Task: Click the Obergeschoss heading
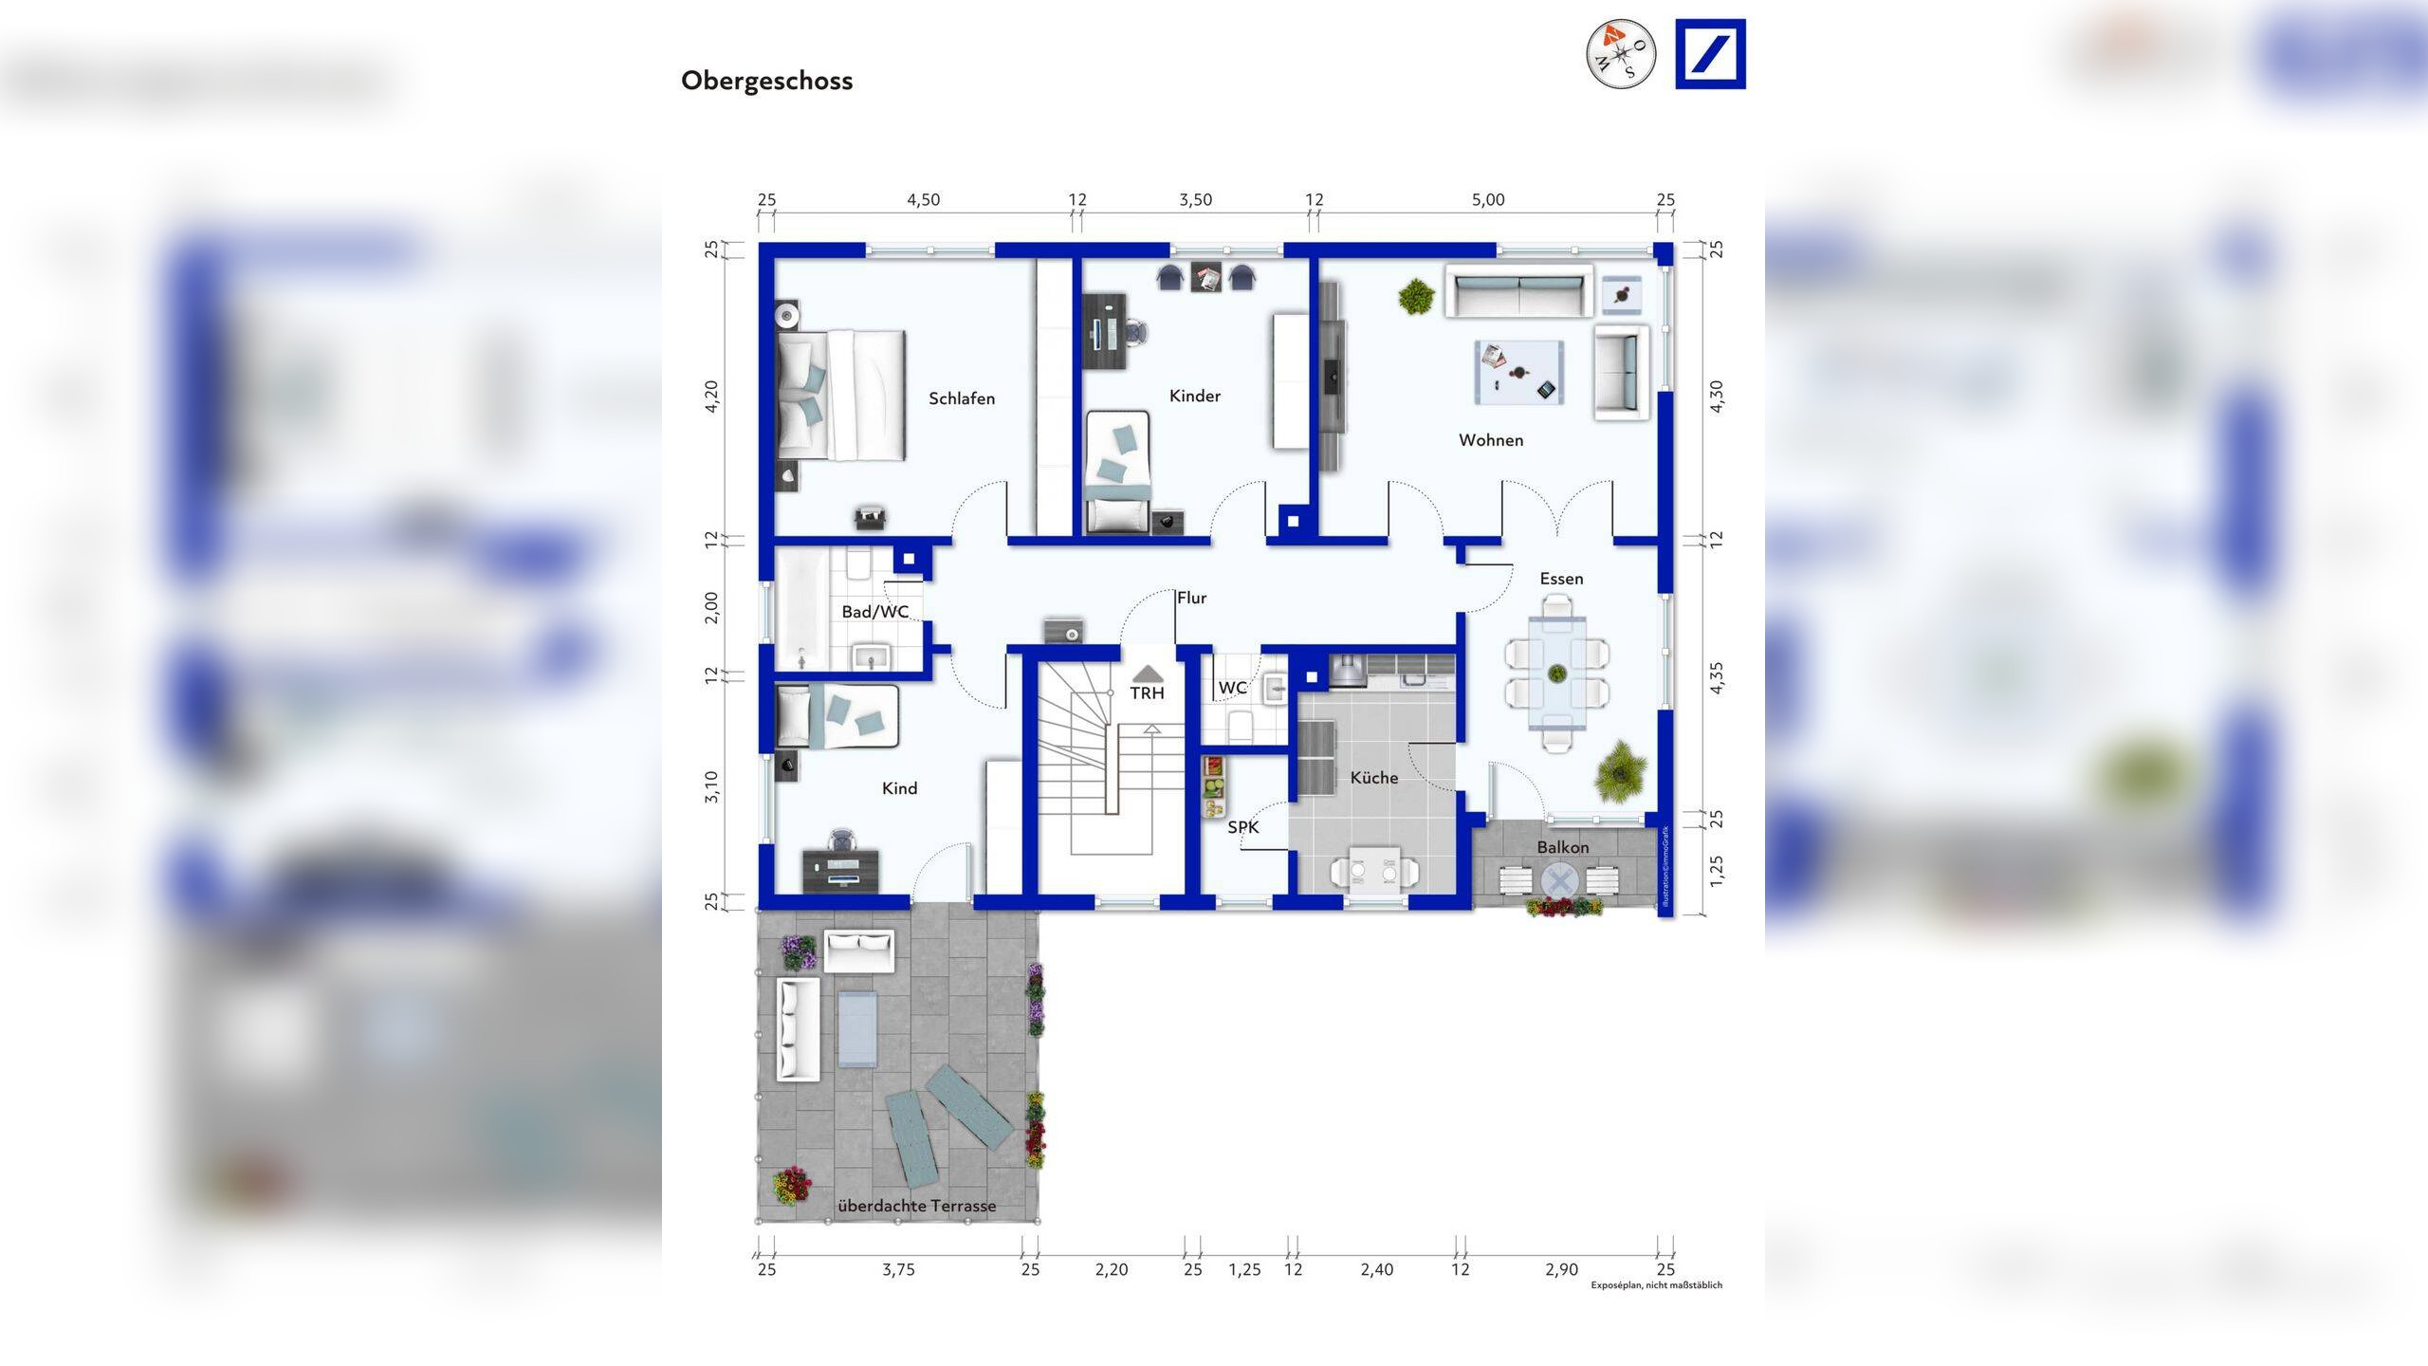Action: coord(766,81)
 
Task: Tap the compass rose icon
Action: coord(1621,54)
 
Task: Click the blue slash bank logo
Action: coord(1710,54)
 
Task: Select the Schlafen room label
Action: coord(961,398)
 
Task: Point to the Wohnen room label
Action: coord(1490,440)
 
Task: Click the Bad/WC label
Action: coord(874,612)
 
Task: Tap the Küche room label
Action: coord(1373,778)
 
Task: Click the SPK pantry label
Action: coord(1242,827)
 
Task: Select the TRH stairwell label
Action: coord(1147,693)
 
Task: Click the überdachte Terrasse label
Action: coord(916,1206)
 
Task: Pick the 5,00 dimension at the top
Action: coord(1487,200)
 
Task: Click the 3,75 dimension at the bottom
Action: coord(897,1269)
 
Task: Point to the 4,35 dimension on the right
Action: coord(1716,677)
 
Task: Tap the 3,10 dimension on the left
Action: coord(711,786)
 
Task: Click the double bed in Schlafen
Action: coord(840,396)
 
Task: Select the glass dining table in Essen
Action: coord(1556,673)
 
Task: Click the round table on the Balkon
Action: coord(1556,881)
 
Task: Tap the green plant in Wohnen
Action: coord(1416,296)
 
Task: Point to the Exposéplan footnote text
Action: coord(1656,1285)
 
